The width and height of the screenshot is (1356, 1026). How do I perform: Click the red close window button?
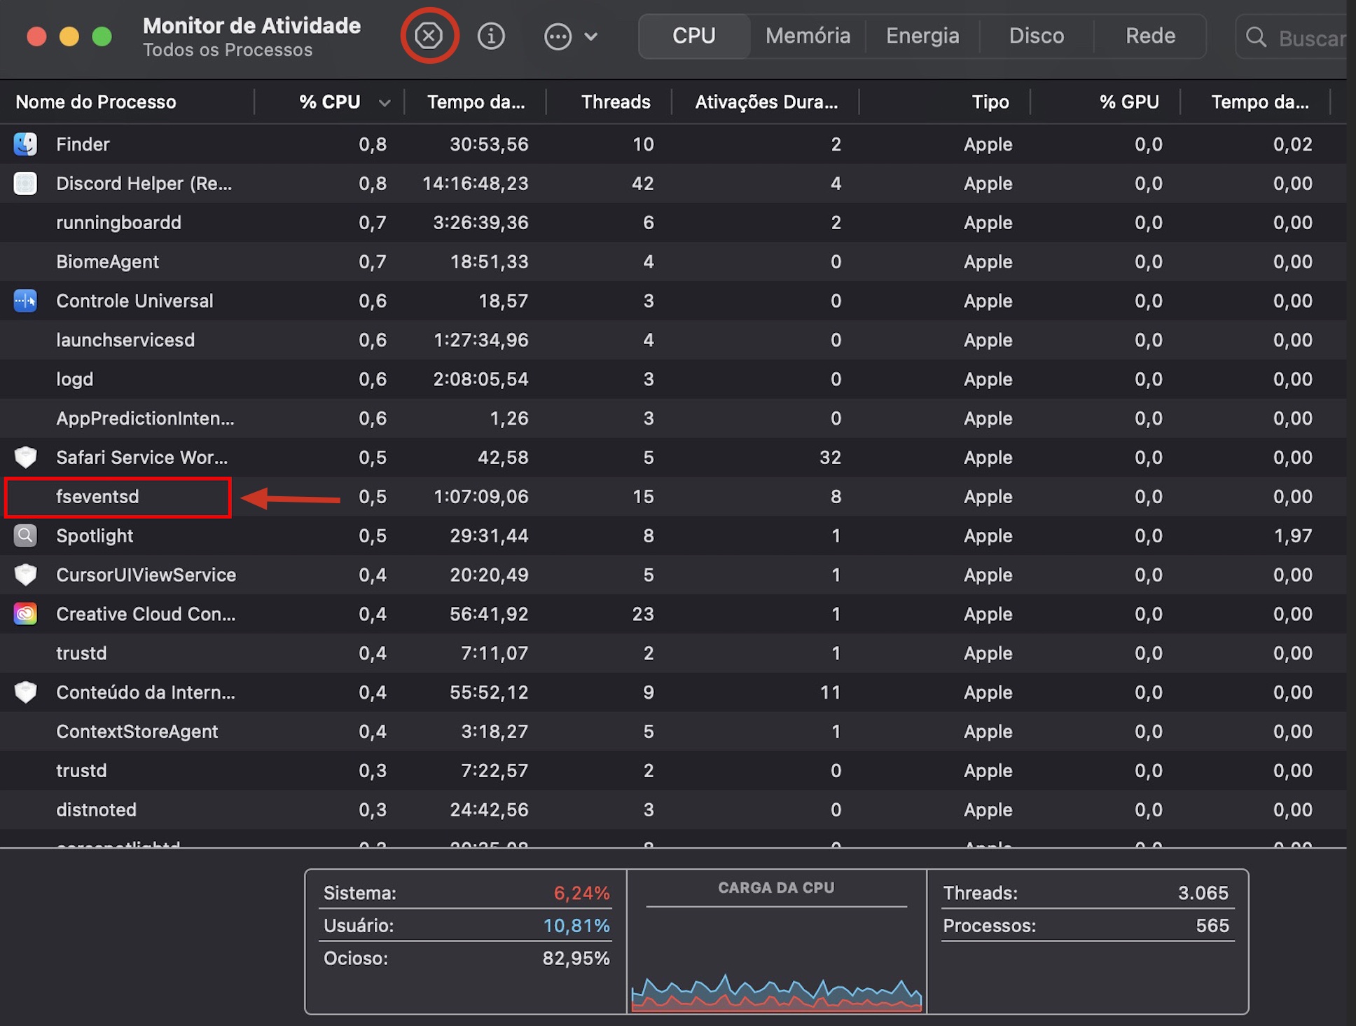click(x=36, y=36)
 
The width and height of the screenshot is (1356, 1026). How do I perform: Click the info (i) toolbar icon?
click(x=491, y=36)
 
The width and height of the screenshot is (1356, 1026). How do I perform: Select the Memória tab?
click(x=808, y=36)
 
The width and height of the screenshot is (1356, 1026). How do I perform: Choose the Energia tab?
click(x=922, y=36)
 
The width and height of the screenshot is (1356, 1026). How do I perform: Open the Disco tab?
click(x=1036, y=36)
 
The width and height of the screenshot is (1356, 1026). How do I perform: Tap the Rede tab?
click(x=1150, y=36)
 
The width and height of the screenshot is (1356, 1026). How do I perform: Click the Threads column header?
click(x=615, y=102)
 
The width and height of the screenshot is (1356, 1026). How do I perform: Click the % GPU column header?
click(x=1128, y=102)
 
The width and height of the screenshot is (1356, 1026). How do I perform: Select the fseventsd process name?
click(x=97, y=497)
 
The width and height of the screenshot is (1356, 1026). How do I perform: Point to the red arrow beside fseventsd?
click(x=290, y=499)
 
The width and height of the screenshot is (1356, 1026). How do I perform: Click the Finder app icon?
click(x=25, y=144)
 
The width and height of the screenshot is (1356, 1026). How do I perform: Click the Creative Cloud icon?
click(x=25, y=614)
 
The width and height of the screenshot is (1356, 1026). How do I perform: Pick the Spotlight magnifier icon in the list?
click(x=25, y=536)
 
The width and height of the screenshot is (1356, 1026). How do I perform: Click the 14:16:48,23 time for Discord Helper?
click(x=475, y=184)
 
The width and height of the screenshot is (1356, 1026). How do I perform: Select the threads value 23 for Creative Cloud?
click(x=642, y=614)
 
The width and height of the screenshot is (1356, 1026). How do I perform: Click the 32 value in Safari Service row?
click(x=830, y=458)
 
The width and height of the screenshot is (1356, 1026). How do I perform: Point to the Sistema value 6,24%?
click(x=581, y=893)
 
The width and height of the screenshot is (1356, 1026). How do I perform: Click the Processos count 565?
click(x=1212, y=926)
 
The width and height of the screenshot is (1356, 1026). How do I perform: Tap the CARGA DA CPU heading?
click(x=776, y=888)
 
